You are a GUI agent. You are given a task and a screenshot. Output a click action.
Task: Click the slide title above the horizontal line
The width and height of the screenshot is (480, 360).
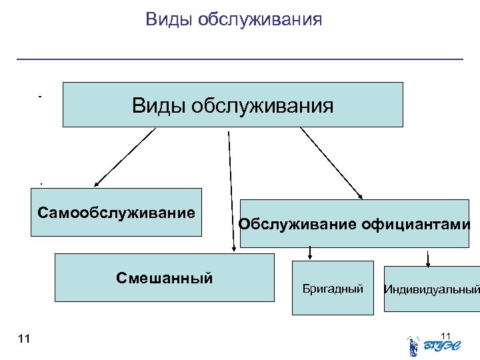click(233, 19)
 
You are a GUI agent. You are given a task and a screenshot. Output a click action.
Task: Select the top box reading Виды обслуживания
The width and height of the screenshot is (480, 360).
click(233, 105)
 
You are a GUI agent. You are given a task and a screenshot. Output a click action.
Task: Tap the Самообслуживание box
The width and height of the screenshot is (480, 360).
click(116, 213)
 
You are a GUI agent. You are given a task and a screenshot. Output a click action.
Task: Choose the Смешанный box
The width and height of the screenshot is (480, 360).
click(164, 277)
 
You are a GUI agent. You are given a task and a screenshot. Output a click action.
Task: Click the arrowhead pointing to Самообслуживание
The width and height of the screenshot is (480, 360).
click(97, 183)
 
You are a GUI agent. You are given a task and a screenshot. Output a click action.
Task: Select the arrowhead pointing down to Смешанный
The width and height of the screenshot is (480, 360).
click(233, 248)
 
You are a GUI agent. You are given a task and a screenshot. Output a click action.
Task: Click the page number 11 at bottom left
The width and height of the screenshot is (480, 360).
click(24, 339)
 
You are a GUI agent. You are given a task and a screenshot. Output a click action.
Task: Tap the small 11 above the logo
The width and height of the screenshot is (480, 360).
click(446, 335)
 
